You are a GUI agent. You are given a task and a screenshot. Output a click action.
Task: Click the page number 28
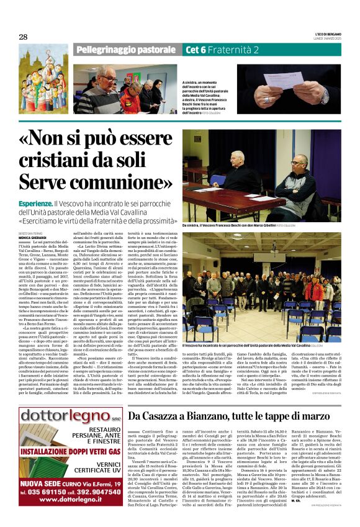pos(23,37)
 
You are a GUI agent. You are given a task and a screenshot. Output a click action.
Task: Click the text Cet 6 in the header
pos(197,50)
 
